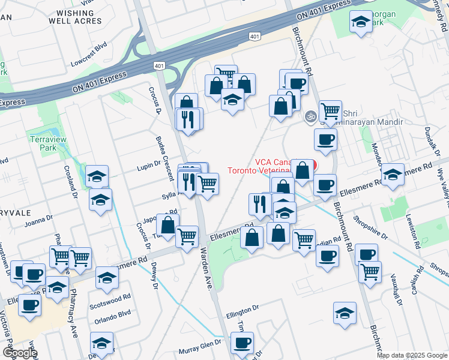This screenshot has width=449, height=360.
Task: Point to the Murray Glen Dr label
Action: click(x=200, y=350)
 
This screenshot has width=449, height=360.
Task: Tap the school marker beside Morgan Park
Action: click(x=360, y=22)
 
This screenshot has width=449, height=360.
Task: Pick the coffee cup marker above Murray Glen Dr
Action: click(x=242, y=343)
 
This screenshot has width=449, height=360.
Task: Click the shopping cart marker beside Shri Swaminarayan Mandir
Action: click(x=330, y=111)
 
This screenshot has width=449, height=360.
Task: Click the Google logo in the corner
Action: click(x=20, y=353)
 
